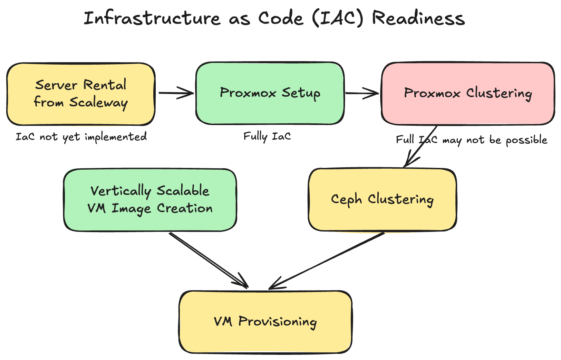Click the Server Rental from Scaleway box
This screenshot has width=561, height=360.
click(x=81, y=94)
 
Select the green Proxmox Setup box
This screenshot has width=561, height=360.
click(x=270, y=93)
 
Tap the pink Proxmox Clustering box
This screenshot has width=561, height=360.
click(x=468, y=93)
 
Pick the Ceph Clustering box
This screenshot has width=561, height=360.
click(x=382, y=200)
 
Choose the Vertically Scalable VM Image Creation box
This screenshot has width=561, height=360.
click(x=150, y=200)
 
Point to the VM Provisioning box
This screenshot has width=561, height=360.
click(x=265, y=322)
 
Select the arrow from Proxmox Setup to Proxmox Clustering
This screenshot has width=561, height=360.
click(x=362, y=93)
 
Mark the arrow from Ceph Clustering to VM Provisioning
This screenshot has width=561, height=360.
click(x=326, y=260)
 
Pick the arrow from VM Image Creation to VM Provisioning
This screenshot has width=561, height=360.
click(x=209, y=260)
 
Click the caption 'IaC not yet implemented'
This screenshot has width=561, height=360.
click(x=81, y=137)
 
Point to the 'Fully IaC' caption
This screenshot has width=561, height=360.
click(x=267, y=136)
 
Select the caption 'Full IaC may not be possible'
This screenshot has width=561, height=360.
click(x=471, y=140)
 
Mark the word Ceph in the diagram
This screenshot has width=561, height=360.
click(x=346, y=200)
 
